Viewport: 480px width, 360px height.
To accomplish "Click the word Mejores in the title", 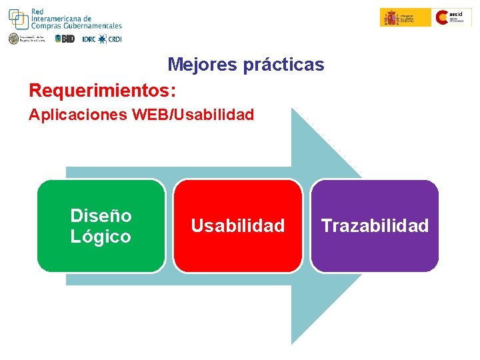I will (196, 65).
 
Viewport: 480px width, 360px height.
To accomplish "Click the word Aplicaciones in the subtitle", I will (79, 115).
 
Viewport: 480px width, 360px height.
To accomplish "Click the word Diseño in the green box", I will (101, 216).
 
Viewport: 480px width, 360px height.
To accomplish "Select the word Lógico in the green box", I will (101, 237).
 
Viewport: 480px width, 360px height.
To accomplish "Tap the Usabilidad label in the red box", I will (237, 226).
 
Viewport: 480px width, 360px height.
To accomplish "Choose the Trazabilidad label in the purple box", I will (375, 226).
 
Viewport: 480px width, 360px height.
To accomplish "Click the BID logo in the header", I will (65, 39).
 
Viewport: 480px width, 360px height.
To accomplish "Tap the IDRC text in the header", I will (89, 39).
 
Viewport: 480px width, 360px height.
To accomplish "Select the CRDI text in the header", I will (115, 39).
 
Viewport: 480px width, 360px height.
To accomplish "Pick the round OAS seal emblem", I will (13, 39).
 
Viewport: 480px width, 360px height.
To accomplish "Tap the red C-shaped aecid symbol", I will (443, 17).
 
